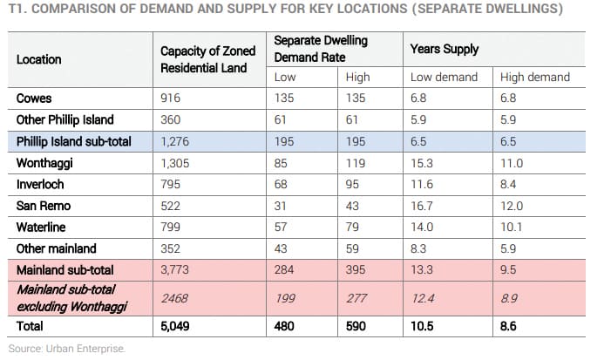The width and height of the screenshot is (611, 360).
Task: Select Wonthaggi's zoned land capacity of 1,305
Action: (x=177, y=163)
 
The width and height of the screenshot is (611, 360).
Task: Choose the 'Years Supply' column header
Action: (x=444, y=50)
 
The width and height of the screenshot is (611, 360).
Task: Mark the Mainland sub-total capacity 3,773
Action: (x=177, y=269)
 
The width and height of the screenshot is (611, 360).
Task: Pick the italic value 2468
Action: (x=175, y=298)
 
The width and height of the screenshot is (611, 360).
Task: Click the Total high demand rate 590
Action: (x=357, y=328)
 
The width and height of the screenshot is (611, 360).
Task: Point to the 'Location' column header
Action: (x=39, y=59)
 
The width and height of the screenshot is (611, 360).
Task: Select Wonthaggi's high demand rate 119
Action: (x=356, y=163)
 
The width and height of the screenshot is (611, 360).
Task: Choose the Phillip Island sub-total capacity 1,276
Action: (x=177, y=141)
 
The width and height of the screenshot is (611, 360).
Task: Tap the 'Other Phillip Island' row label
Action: (x=64, y=119)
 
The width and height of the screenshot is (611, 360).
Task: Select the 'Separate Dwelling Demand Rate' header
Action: (x=321, y=50)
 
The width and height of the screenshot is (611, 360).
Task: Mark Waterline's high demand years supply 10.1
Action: (x=512, y=228)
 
